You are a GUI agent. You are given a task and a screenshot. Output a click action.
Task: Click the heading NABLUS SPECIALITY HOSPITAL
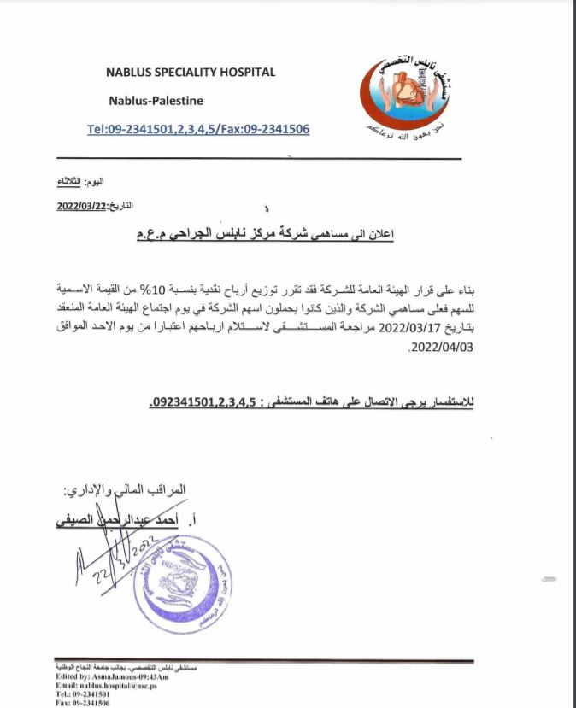coord(190,73)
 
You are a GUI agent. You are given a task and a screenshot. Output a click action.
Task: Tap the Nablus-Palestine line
coord(156,101)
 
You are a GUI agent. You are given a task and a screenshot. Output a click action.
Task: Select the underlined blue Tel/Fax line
coord(197,129)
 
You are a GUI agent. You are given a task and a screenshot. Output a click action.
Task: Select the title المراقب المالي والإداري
coord(125,491)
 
